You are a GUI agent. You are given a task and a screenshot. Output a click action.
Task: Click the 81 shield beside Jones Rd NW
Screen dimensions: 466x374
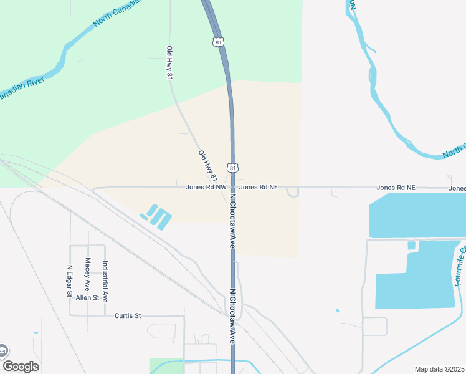232,168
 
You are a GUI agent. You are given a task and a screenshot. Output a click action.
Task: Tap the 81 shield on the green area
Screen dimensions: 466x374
217,42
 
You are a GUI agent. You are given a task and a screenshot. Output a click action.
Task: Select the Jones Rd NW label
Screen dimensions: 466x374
206,187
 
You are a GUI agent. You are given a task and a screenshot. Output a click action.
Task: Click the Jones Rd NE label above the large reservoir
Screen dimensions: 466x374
396,187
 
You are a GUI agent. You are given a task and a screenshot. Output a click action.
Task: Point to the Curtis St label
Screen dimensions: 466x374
128,315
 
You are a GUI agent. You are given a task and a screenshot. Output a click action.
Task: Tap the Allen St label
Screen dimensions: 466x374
88,298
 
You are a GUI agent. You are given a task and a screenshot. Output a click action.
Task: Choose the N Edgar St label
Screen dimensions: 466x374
69,281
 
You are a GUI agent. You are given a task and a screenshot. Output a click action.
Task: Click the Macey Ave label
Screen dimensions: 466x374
88,275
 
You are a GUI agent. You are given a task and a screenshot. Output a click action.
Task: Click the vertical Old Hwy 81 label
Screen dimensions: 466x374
169,62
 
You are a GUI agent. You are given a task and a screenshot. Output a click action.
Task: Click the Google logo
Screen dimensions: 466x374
21,367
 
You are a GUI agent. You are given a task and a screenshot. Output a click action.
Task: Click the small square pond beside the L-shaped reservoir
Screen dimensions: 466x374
411,246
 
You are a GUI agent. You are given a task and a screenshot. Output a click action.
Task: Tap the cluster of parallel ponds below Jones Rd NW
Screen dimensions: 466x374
158,216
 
